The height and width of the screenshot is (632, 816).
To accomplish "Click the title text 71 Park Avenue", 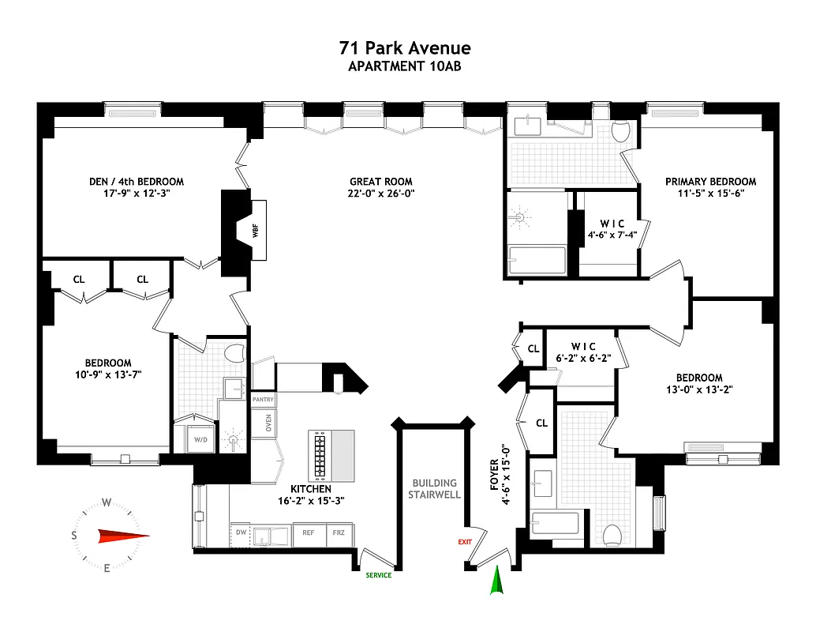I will pyautogui.click(x=405, y=49).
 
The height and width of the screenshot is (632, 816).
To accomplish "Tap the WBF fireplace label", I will pyautogui.click(x=255, y=231).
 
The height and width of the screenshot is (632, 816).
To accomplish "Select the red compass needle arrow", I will pyautogui.click(x=123, y=536).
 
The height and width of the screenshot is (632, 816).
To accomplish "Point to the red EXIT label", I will pyautogui.click(x=465, y=542).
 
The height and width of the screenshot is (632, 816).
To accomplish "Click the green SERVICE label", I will pyautogui.click(x=378, y=575).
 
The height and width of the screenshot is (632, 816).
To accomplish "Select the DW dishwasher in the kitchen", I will pyautogui.click(x=241, y=532).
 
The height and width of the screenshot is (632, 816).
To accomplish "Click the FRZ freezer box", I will pyautogui.click(x=339, y=533).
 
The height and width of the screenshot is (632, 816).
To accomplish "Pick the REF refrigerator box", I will pyautogui.click(x=309, y=533).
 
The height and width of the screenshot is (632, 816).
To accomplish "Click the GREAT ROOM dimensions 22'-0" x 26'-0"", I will pyautogui.click(x=382, y=193).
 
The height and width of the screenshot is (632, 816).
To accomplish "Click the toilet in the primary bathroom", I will pyautogui.click(x=620, y=131).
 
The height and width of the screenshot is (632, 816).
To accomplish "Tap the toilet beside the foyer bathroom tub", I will pyautogui.click(x=612, y=536).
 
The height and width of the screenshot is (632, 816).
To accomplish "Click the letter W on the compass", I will pyautogui.click(x=106, y=502).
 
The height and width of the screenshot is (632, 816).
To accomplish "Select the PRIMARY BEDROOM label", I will pyautogui.click(x=710, y=182).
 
